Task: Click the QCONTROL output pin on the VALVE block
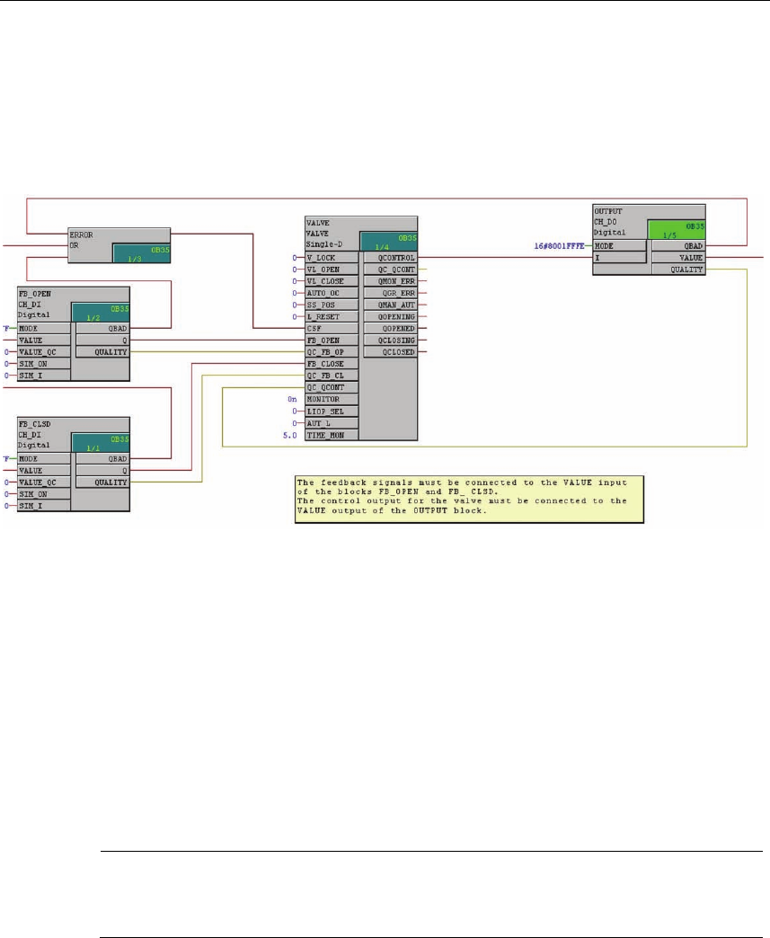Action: (x=389, y=256)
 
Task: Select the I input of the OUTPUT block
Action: (x=620, y=257)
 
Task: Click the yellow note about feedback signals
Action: (x=470, y=499)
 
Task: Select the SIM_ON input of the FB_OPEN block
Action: (x=45, y=364)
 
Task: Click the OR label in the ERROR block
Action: (x=76, y=243)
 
